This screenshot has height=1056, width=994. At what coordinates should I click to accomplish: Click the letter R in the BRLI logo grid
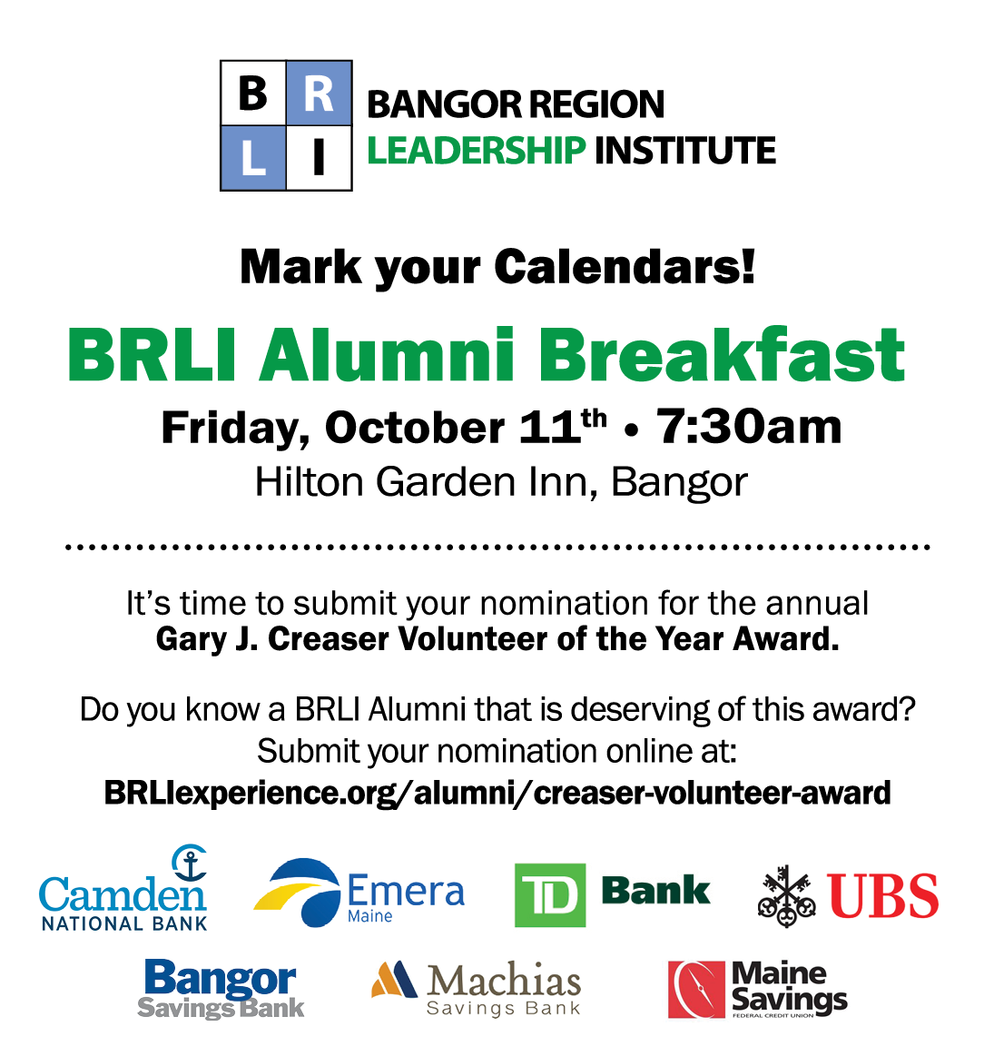coord(319,94)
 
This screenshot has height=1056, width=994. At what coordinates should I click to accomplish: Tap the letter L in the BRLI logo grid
coord(253,159)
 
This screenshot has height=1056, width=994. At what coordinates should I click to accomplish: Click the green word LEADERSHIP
coord(477,150)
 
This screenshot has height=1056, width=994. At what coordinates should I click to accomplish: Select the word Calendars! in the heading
coord(625,267)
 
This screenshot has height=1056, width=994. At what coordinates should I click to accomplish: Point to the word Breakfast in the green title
coord(722,354)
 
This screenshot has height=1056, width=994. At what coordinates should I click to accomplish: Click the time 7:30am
coord(749,427)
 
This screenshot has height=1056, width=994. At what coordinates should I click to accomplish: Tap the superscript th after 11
coord(594,419)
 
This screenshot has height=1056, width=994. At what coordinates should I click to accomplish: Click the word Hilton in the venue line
coord(310,482)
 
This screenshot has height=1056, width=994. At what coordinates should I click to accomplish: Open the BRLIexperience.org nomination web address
coord(497,793)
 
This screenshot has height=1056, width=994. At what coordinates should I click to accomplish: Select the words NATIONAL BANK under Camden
coord(124,923)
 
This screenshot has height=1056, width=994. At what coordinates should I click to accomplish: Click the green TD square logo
coord(549,895)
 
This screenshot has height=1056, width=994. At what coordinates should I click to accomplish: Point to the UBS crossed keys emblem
coord(786,896)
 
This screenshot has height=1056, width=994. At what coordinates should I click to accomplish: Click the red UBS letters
coord(883,896)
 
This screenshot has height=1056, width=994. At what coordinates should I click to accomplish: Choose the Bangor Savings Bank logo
coord(221,990)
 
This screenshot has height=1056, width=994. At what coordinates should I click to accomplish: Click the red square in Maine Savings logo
coord(696,990)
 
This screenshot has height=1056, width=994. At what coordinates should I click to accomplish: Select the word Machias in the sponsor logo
coord(503,981)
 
